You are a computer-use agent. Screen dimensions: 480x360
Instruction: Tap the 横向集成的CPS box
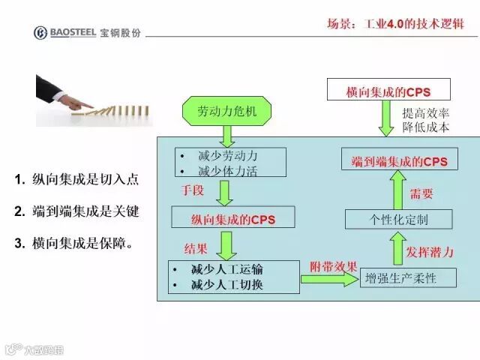point(388,91)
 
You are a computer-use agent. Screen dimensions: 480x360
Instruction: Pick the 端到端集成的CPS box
point(399,161)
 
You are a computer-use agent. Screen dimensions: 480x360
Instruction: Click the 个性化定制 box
point(399,219)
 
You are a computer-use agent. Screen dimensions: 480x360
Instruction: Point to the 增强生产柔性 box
point(400,278)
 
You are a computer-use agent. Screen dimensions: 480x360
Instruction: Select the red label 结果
point(196,248)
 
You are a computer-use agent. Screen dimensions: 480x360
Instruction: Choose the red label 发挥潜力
point(429,251)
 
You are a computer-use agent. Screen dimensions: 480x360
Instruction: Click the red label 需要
point(421,193)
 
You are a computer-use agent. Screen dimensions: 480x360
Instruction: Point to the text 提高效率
point(425,113)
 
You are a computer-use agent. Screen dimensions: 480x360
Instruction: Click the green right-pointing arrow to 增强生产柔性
point(329,280)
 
